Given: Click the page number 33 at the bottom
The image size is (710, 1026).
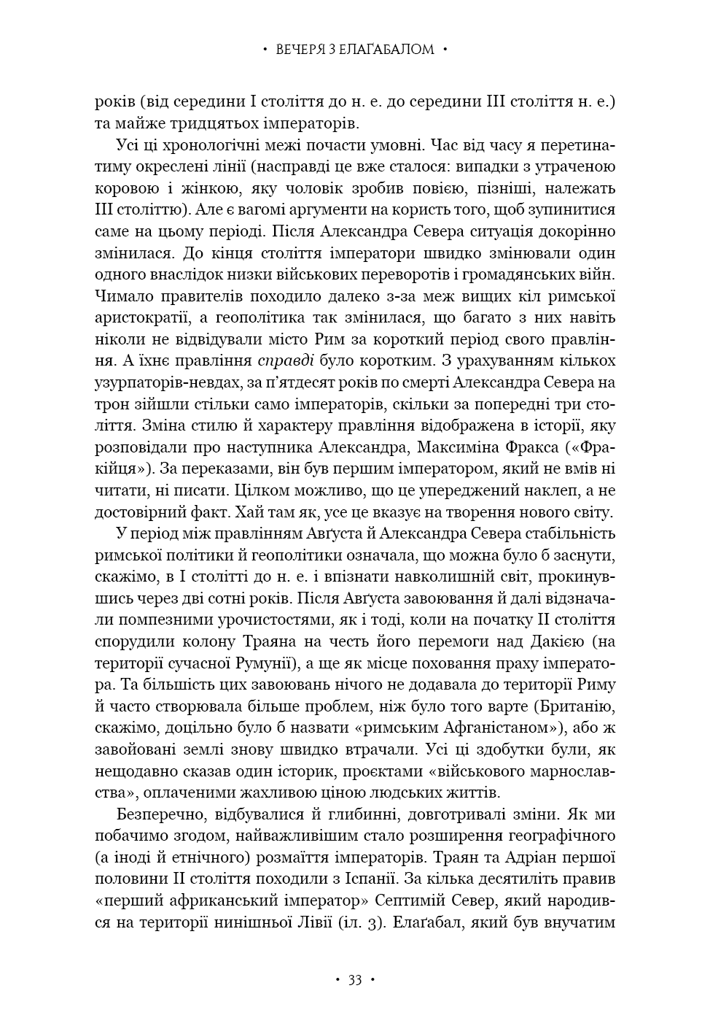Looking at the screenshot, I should [x=355, y=980].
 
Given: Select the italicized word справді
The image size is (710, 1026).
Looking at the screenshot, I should [x=286, y=360].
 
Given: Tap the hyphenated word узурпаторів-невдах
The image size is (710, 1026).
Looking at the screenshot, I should [x=164, y=382].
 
